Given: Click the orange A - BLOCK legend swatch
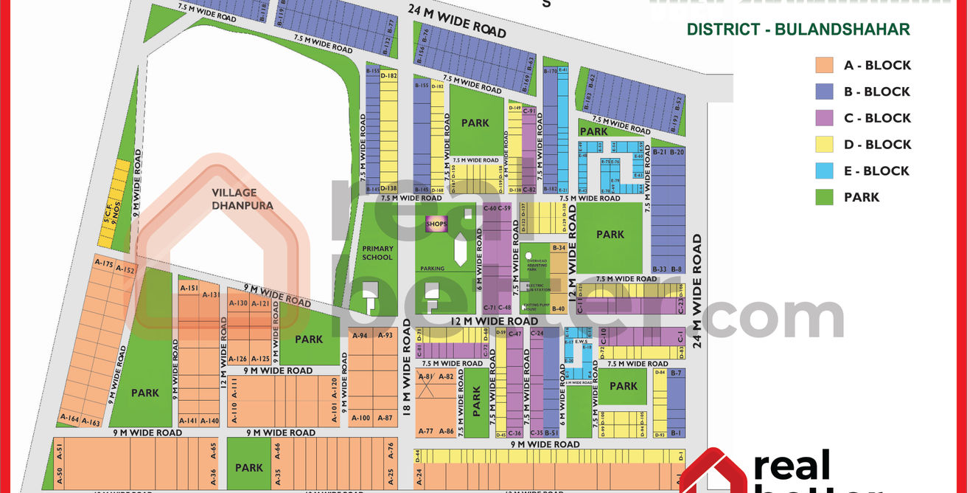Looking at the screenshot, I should coord(825,65).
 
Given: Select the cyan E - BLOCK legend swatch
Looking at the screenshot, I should coord(825,170).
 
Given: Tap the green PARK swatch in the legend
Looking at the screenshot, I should coord(825,197).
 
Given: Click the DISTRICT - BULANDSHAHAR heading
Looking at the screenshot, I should coord(798,30).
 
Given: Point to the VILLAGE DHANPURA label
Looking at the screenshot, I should coord(242,199).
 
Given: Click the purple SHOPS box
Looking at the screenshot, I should coord(437,224).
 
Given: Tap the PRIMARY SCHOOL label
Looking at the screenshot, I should coord(377,253).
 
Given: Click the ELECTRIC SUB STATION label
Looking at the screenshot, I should coord(538,287).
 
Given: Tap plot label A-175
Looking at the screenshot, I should coord(104,263).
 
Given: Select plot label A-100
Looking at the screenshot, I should coord(360,418).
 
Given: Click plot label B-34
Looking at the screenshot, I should coord(558,248).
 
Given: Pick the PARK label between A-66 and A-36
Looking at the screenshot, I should coord(249,467).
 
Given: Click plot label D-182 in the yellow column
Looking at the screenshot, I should coord(389,76).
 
